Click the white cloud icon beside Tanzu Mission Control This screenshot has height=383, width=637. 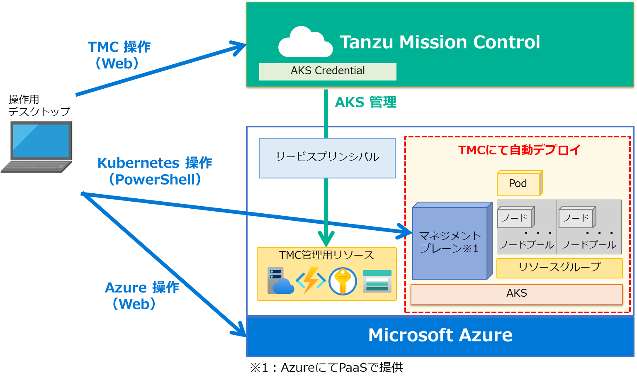tap(305, 42)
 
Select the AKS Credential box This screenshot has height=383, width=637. tap(328, 71)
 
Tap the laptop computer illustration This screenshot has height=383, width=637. tap(38, 146)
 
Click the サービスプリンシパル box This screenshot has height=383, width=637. tap(327, 158)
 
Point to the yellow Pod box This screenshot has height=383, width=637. tap(519, 184)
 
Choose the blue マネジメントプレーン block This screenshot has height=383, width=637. tap(450, 243)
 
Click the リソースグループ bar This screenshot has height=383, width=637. tap(559, 268)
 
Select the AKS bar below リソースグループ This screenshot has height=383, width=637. tap(516, 294)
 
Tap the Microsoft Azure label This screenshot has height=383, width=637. tap(440, 335)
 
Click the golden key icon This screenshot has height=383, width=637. tap(343, 281)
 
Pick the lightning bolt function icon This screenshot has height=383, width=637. tap(311, 281)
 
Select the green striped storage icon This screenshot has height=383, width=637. tap(377, 281)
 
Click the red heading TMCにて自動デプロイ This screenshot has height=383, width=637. tap(519, 150)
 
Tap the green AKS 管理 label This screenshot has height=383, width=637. tap(365, 102)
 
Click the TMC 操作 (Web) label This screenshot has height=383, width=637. tap(119, 55)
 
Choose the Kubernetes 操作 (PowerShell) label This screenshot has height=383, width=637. tap(155, 171)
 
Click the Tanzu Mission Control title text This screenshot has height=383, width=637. tap(440, 42)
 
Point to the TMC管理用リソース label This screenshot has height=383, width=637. tap(327, 255)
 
